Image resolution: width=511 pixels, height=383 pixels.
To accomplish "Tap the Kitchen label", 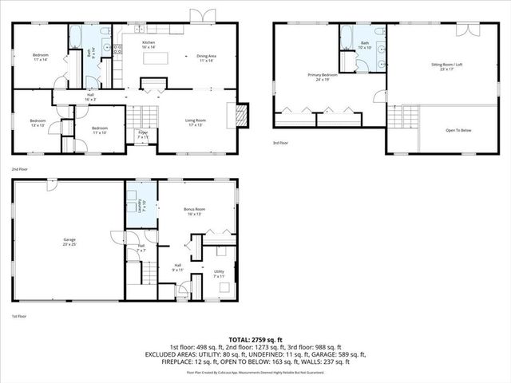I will point(149,45).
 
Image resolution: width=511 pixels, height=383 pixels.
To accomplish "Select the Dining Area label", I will point(208,57).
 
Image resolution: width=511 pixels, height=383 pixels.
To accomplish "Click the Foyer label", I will point(143,134).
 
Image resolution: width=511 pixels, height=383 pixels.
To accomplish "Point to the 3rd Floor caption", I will point(281,144).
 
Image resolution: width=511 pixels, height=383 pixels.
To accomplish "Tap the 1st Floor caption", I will point(18,317).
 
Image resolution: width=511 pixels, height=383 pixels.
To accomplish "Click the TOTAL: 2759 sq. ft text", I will point(255,340).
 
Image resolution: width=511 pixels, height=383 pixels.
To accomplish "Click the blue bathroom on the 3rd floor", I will point(365,44).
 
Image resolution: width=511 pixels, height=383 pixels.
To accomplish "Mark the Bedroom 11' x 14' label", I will point(42,57).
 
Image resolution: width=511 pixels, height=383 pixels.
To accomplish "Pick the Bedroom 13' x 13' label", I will point(38,123).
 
